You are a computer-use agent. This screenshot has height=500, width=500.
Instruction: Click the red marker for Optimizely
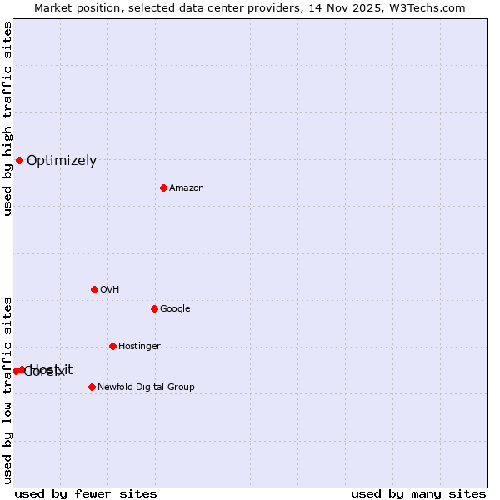coord(19,160)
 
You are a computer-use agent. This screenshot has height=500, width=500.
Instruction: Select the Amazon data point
coord(163,187)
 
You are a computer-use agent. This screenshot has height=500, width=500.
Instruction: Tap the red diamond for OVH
coord(94,289)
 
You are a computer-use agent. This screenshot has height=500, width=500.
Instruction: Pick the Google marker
coord(154,308)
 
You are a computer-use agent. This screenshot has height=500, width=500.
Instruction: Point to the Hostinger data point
coord(112,346)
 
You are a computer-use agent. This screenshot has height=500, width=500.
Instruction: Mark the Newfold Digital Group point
coord(92,387)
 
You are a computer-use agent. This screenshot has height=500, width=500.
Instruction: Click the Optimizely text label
coord(62,161)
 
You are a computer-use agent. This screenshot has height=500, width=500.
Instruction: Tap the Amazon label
coord(187,188)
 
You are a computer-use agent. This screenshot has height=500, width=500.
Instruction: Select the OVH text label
coord(109,290)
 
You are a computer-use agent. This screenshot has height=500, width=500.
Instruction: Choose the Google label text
coord(175,309)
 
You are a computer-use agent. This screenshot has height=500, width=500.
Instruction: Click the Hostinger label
coord(139,347)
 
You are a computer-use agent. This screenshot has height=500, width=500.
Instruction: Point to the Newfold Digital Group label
coord(146,387)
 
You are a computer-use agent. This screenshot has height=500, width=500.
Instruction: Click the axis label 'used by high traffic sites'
coord(7,119)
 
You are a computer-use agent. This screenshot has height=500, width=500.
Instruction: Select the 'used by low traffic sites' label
coord(7,390)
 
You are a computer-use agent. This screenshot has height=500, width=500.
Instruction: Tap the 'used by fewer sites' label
coord(86,493)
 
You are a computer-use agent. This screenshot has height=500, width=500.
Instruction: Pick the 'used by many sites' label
coord(418,493)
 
